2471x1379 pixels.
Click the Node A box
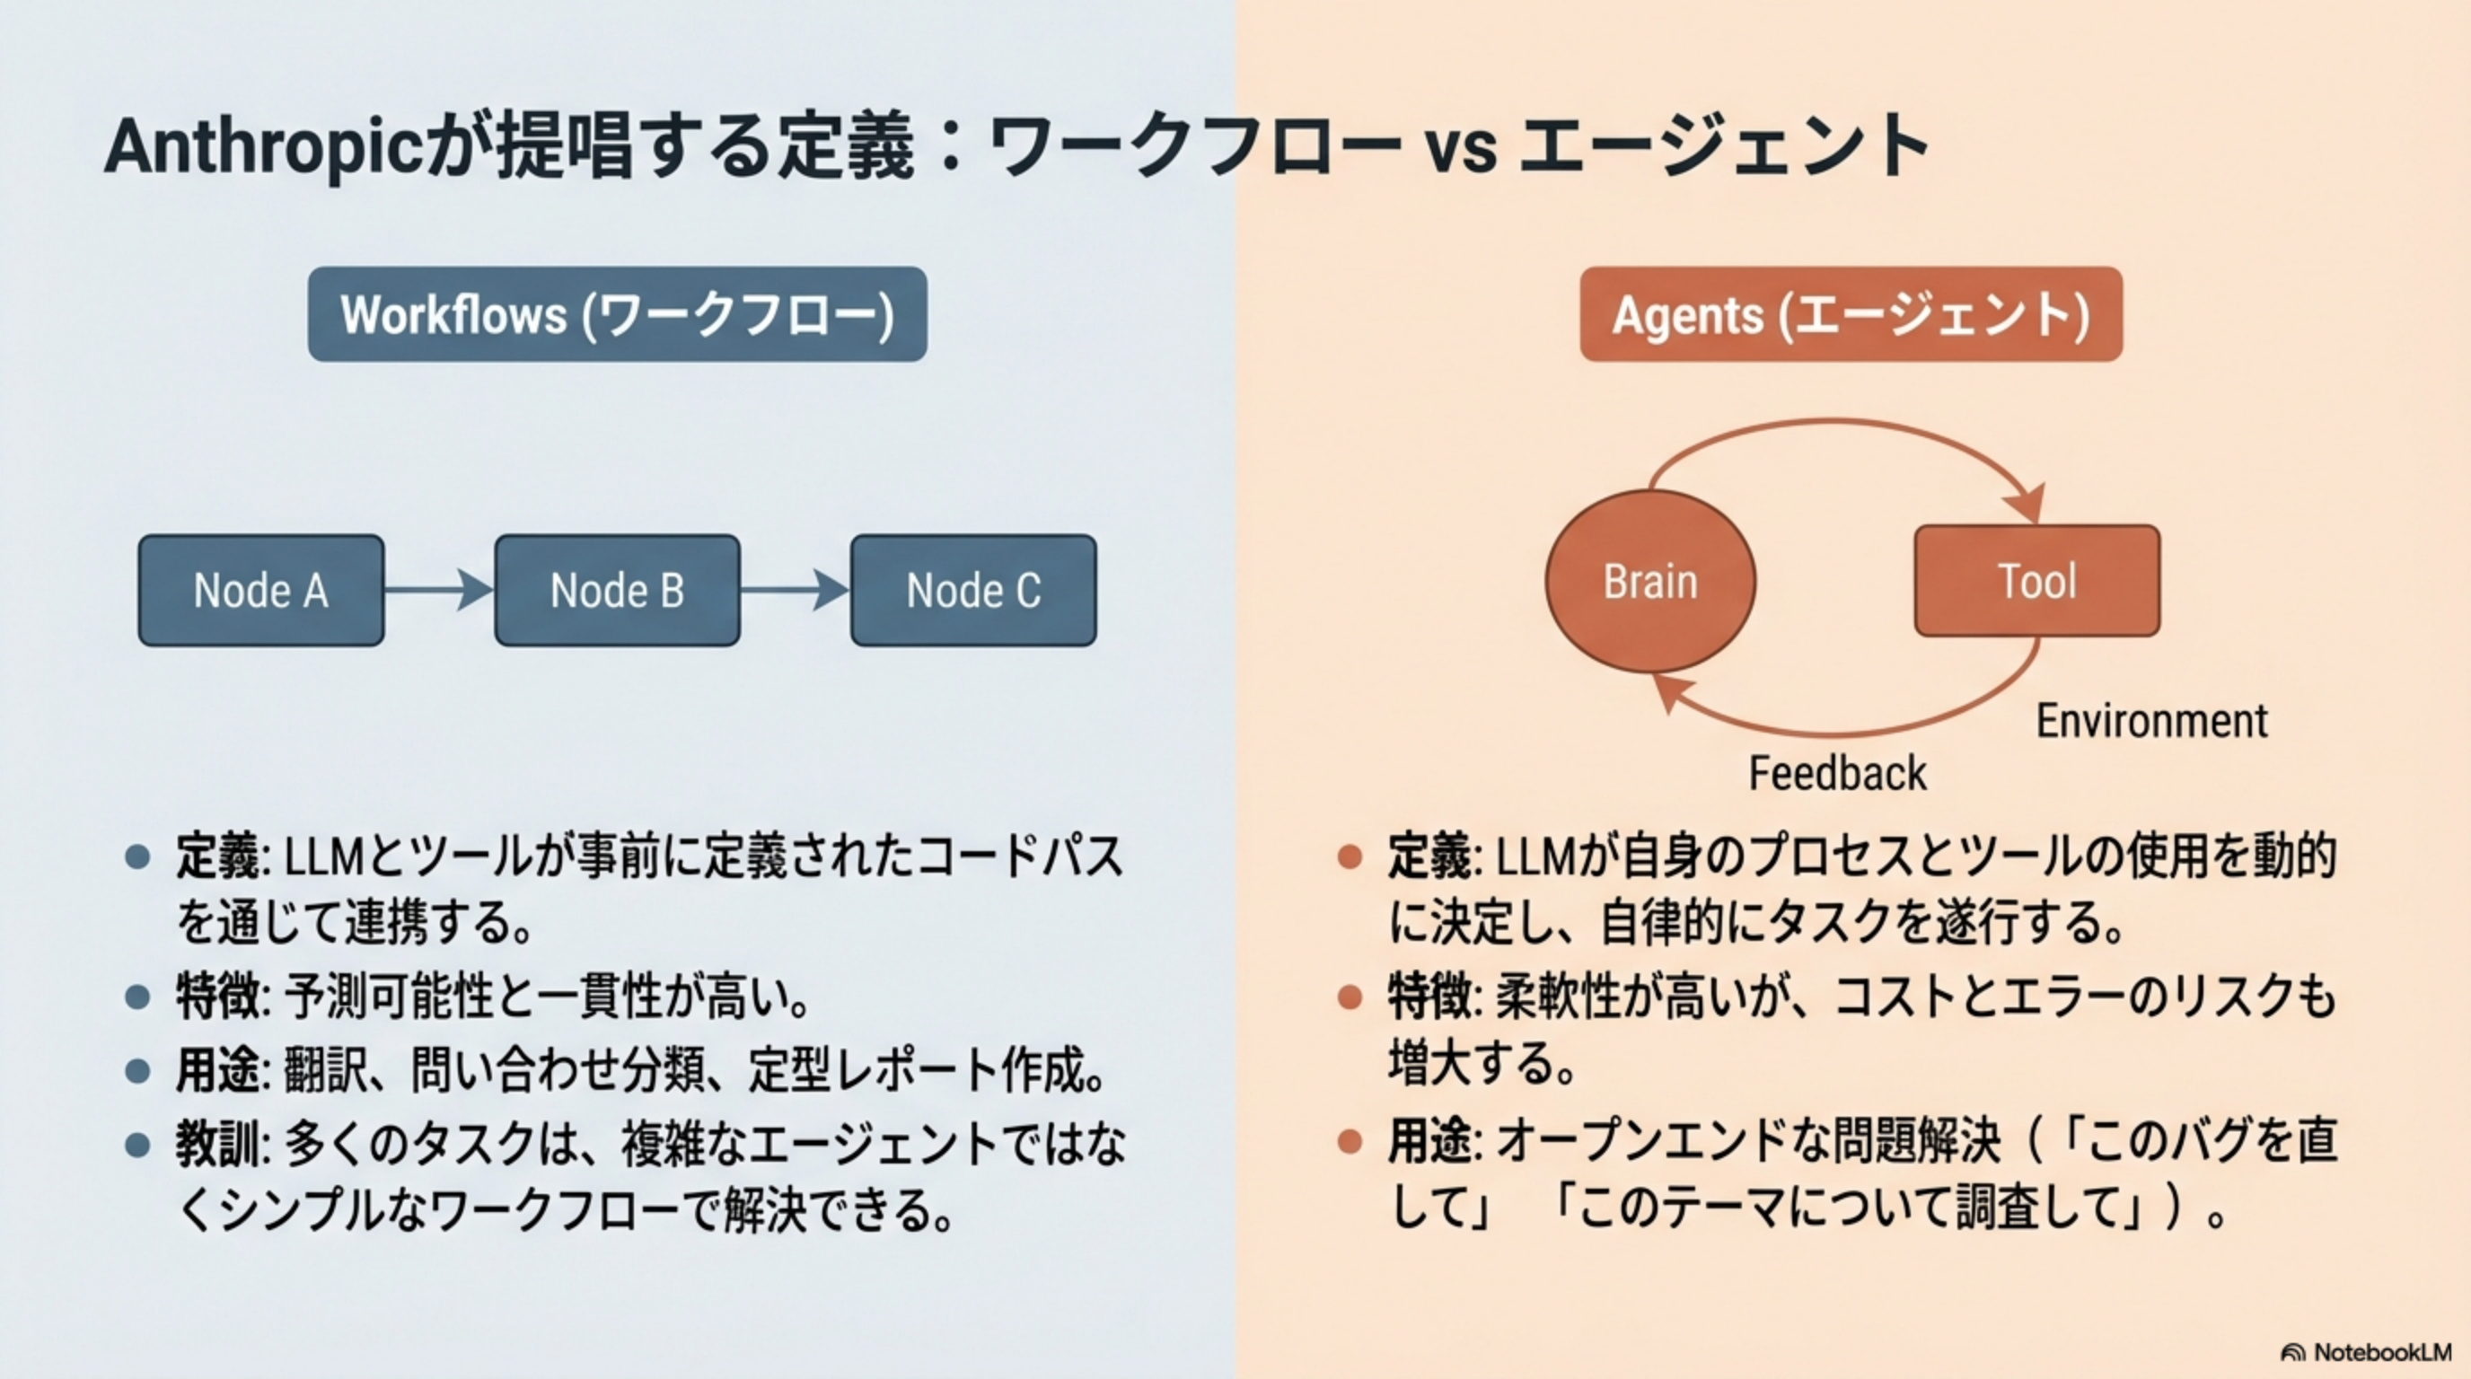tap(261, 590)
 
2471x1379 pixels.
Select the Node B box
tap(617, 590)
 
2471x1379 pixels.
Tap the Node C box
tap(972, 590)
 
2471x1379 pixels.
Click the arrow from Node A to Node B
tap(438, 590)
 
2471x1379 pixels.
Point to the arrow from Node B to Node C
tap(795, 590)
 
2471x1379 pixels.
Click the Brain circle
tap(1650, 581)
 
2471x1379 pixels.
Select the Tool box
tap(2036, 581)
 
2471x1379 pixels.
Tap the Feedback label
tap(1837, 774)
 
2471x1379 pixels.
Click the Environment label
tap(2151, 721)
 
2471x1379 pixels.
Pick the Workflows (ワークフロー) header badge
tap(617, 314)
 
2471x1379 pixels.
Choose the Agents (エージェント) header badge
tap(1851, 314)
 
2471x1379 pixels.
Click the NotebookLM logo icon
tap(2291, 1352)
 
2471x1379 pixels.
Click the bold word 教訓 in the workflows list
tap(216, 1144)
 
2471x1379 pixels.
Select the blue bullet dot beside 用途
tap(137, 1070)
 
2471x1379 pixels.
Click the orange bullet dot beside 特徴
tap(1350, 997)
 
